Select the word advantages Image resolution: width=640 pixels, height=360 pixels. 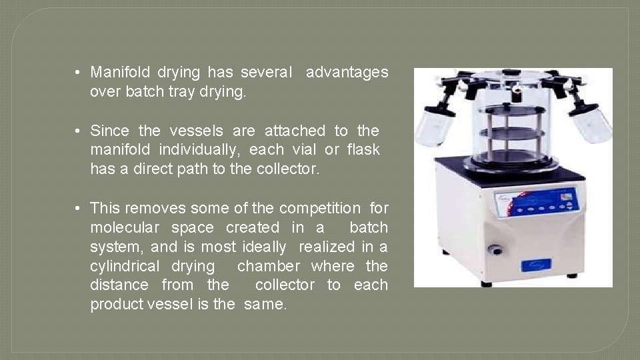point(347,72)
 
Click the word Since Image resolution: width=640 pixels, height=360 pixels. point(109,131)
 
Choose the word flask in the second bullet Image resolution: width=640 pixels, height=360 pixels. point(363,150)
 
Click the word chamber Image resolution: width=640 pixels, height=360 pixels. point(269,266)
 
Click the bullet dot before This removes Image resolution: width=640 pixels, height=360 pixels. point(78,208)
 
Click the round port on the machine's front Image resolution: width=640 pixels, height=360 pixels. point(495,250)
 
